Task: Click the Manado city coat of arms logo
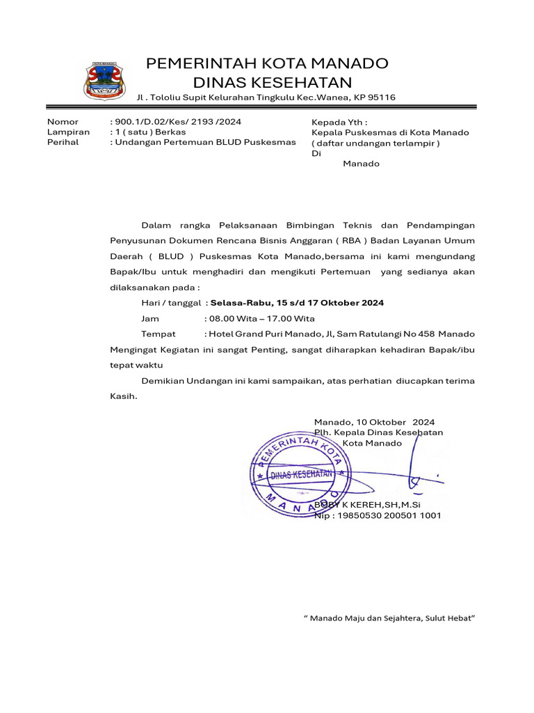pos(105,80)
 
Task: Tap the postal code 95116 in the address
pos(380,97)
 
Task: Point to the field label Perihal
pos(63,142)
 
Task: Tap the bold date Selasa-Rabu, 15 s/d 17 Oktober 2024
pos(297,303)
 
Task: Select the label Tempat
pos(159,334)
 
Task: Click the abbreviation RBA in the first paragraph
pos(346,241)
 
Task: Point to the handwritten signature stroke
pos(416,467)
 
